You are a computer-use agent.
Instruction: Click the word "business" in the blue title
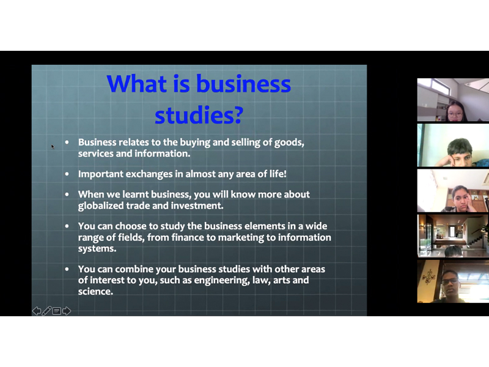(x=243, y=84)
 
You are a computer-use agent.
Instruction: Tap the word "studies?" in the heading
(x=199, y=115)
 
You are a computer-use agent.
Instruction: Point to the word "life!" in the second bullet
(x=278, y=174)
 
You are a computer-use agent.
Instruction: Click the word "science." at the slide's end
(x=95, y=292)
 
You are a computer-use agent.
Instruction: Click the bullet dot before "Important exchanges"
(x=67, y=174)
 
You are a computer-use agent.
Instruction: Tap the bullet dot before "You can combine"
(x=67, y=269)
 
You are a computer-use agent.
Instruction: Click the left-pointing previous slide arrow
(x=37, y=311)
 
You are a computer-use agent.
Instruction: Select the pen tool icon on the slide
(x=46, y=311)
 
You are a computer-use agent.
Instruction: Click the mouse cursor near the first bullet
(x=53, y=147)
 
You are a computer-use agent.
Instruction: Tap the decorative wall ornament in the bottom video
(x=428, y=276)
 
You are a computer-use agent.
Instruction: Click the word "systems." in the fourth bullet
(x=97, y=249)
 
